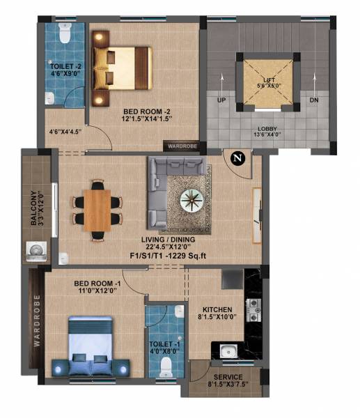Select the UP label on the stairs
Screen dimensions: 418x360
pos(223,100)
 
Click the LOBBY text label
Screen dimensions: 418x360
pos(267,129)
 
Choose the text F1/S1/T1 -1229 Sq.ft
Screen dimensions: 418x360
pos(169,255)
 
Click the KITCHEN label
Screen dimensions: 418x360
pos(217,309)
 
